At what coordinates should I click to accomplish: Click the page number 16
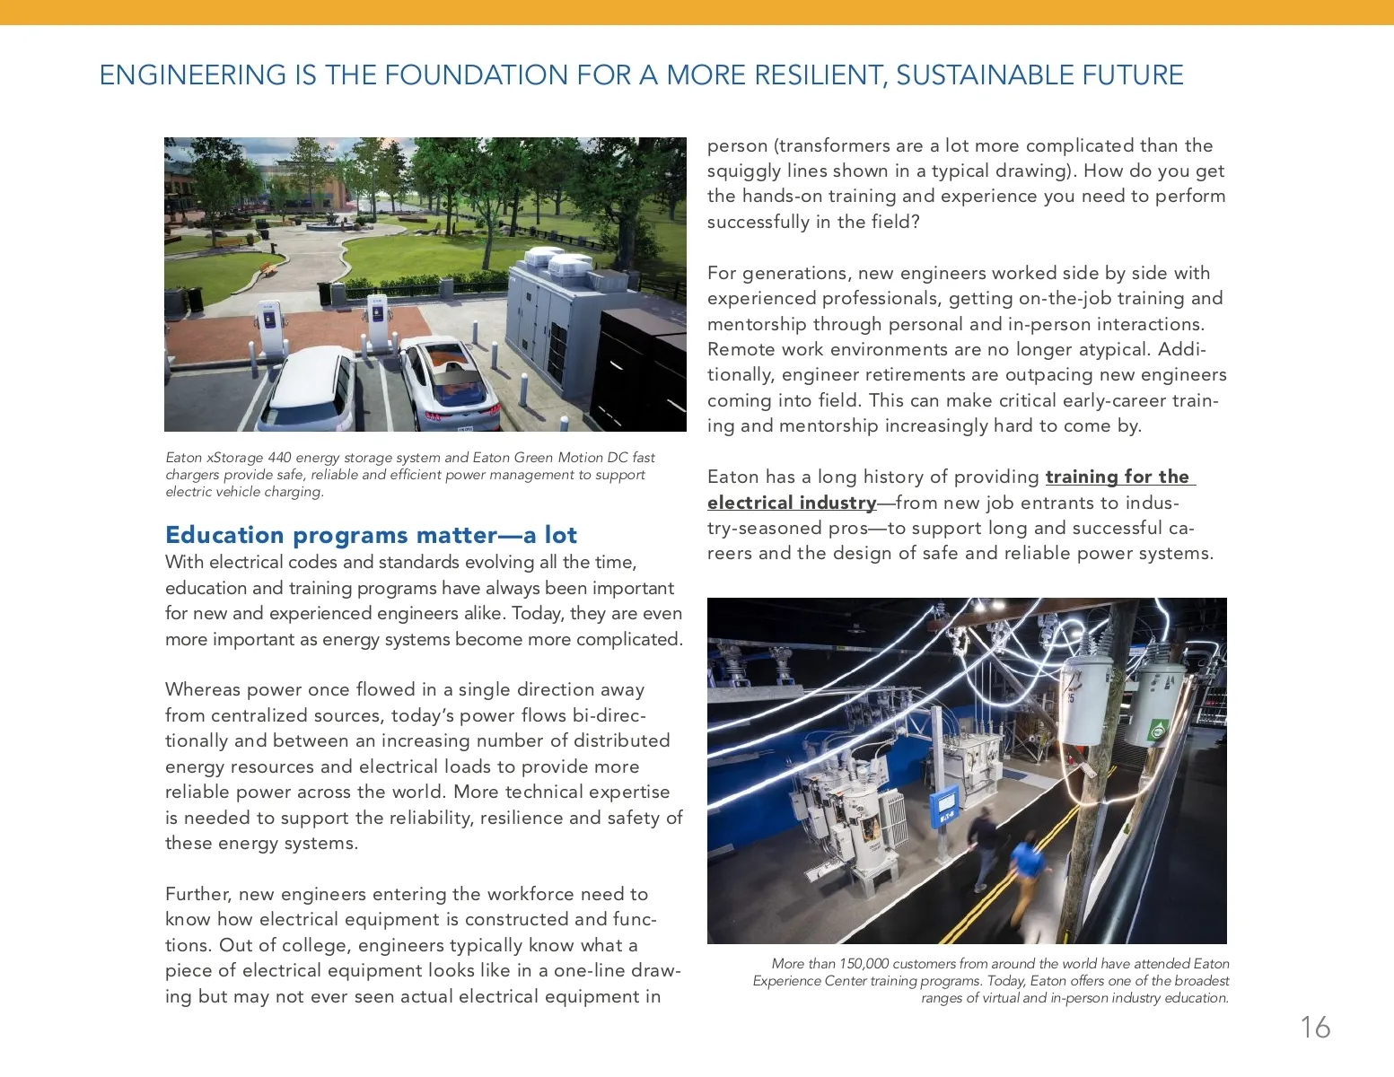point(1315,1027)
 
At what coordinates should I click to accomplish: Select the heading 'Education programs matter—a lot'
point(371,535)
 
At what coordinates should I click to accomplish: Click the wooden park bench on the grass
point(267,267)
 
